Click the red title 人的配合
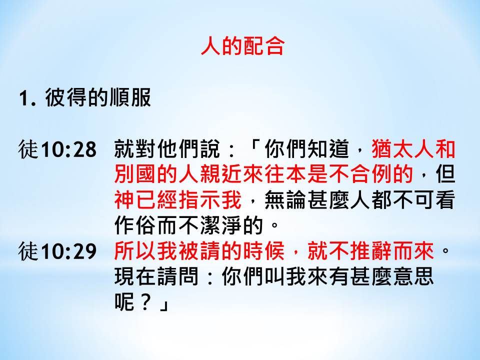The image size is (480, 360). (x=243, y=46)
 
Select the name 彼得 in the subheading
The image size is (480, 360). (x=66, y=97)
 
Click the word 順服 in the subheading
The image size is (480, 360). (x=130, y=97)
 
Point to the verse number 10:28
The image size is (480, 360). (x=69, y=150)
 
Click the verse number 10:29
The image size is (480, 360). (x=69, y=251)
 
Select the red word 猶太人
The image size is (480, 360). (x=402, y=149)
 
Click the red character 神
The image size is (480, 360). (x=124, y=200)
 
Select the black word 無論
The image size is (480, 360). (x=285, y=200)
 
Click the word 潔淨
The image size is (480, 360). (x=221, y=225)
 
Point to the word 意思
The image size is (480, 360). (x=414, y=276)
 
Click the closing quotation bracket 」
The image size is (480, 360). (x=164, y=305)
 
